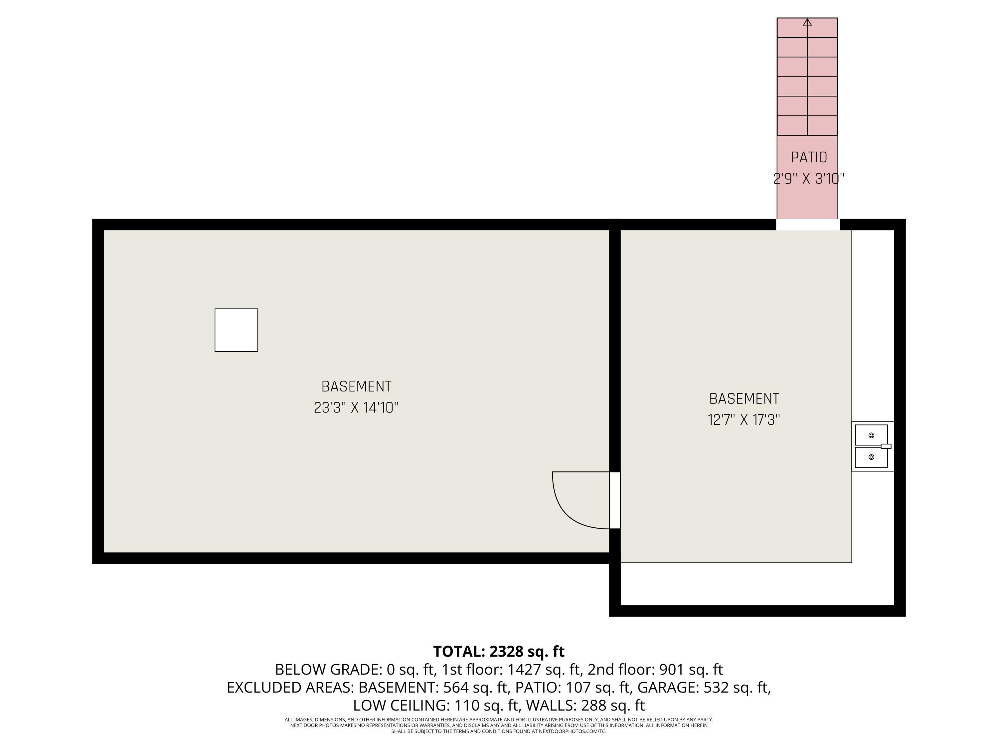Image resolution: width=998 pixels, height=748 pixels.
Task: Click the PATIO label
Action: pos(808,157)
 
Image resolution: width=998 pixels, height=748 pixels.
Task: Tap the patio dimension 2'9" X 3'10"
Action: pos(808,179)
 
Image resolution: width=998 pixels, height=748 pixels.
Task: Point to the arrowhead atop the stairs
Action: pos(807,22)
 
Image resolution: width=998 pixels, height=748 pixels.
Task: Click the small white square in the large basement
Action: pos(236,330)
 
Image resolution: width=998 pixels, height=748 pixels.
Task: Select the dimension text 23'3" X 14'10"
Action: pos(356,408)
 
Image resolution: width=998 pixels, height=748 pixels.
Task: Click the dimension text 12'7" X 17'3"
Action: pos(744,420)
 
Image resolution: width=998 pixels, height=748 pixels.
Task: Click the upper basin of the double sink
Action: pos(871,435)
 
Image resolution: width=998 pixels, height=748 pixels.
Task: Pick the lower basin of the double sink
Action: pos(871,457)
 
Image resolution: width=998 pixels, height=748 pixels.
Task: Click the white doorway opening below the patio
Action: pos(808,224)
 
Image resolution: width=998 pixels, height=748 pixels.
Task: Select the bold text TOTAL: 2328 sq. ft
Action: pos(499,652)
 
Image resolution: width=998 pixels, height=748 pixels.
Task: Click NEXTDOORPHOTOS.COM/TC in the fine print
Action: pos(572,731)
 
